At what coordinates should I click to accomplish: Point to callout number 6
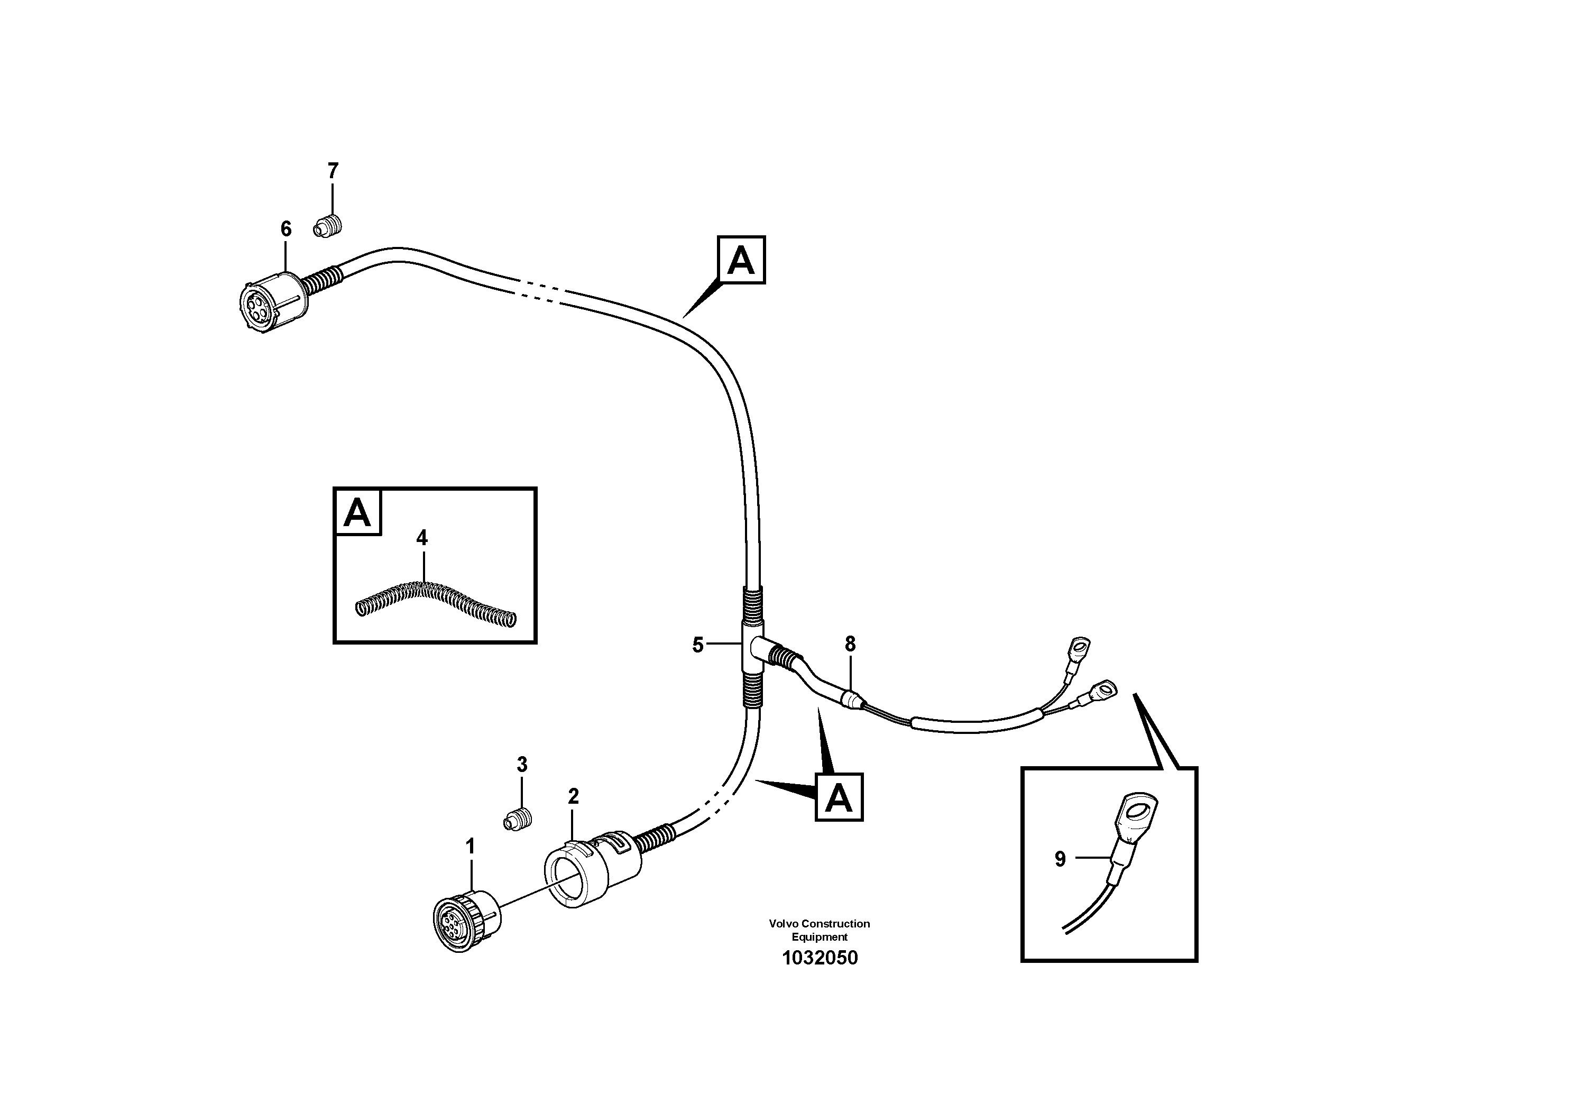pos(286,229)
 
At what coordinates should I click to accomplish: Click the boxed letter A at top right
pos(741,261)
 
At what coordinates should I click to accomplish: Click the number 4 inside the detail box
pos(421,538)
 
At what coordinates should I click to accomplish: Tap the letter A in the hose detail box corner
pos(357,512)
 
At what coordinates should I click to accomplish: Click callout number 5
pos(698,645)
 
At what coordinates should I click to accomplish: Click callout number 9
pos(1060,860)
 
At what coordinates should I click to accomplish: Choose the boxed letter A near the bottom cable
pos(839,798)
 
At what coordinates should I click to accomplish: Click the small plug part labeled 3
pos(519,819)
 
